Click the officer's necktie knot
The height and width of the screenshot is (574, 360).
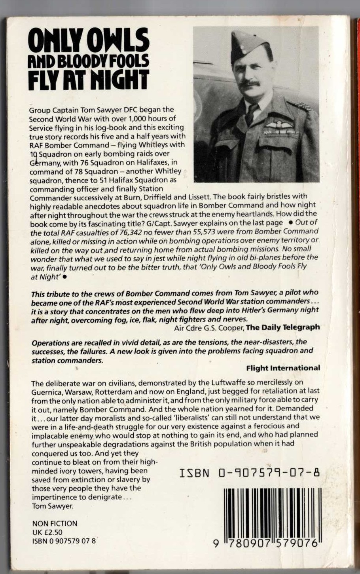pos(251,108)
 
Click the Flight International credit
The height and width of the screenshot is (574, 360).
pos(283,368)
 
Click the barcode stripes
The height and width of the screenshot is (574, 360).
pos(271,513)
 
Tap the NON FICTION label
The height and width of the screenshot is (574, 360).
pos(55,523)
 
